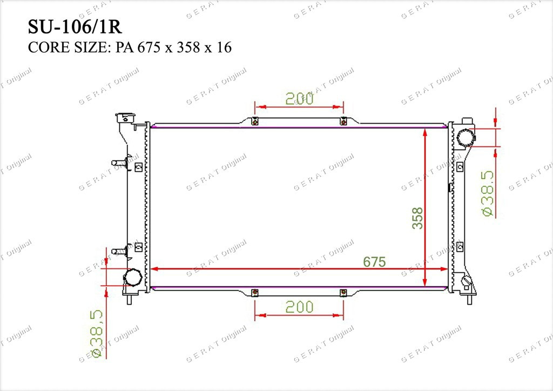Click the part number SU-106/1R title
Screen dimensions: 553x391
(x=75, y=27)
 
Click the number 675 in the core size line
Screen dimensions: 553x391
(x=150, y=47)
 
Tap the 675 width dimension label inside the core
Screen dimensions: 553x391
(x=374, y=261)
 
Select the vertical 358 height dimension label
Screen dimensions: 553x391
(x=417, y=218)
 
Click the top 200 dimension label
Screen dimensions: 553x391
(x=299, y=99)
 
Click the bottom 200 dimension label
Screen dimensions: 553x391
(x=299, y=307)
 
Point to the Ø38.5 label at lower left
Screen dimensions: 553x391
(x=96, y=334)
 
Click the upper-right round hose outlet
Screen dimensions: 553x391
(x=466, y=138)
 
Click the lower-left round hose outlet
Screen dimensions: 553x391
(x=133, y=277)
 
